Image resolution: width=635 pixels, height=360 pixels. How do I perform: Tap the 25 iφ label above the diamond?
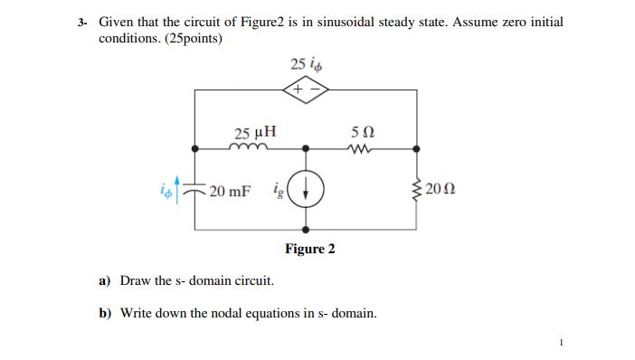tap(306, 64)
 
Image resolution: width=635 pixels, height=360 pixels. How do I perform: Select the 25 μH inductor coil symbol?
tap(247, 148)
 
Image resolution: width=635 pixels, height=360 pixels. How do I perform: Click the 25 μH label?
tap(249, 131)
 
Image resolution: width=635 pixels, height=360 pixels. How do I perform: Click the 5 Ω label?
tap(361, 132)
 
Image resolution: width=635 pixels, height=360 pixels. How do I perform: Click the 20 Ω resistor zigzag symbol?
tap(417, 190)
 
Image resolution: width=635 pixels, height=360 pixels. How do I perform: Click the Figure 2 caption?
tap(310, 249)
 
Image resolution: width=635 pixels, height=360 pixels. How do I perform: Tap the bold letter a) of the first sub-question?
tap(104, 281)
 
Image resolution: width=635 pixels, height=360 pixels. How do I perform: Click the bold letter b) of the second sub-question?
tap(104, 314)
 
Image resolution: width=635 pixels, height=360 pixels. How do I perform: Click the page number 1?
tap(561, 342)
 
